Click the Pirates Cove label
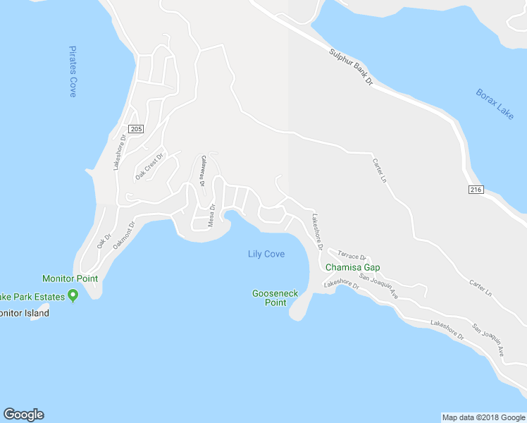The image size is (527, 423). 73,71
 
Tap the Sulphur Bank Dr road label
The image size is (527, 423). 349,68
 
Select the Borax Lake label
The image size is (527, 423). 495,104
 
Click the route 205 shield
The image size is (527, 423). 137,128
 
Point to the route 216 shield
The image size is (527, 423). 476,190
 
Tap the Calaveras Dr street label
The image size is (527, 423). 202,171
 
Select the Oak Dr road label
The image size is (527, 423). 104,241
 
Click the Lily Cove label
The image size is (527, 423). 266,254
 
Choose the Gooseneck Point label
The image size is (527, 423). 269,298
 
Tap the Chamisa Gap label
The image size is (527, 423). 352,267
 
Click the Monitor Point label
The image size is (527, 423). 70,278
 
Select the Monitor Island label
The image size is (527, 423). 23,313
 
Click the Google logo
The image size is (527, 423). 23,415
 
